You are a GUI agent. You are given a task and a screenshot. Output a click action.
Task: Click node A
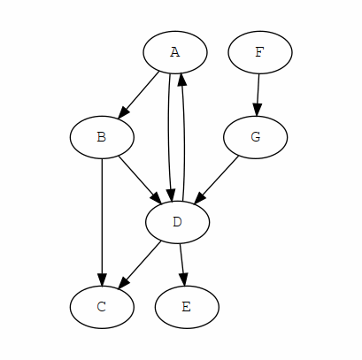coord(175,52)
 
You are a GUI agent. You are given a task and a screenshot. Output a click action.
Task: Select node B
coord(102,137)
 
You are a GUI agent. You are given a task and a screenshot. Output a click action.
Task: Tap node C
coord(102,307)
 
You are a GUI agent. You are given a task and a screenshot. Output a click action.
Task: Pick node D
coord(177,222)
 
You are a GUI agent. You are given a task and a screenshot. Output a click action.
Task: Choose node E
coord(187,307)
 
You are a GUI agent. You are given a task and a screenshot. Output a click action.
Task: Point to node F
coord(260,52)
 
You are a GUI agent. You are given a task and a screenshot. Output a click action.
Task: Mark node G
coord(255,137)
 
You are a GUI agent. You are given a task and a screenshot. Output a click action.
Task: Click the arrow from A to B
coord(138,95)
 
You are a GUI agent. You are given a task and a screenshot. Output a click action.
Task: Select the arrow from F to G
coord(258,95)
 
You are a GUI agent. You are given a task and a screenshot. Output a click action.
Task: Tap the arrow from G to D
coord(216,180)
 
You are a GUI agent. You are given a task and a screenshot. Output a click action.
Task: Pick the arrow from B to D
coord(140,180)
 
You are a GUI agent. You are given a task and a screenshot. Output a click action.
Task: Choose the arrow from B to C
coord(102,222)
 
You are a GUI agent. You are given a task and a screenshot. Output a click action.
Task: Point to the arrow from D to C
coord(140,264)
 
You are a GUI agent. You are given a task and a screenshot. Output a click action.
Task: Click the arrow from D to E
coord(183,264)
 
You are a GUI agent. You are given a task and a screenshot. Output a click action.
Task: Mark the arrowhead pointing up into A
coord(181,80)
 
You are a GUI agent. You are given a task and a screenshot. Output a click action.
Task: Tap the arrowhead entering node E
coord(184,280)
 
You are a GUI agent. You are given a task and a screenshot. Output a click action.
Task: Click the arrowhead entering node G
coord(258,110)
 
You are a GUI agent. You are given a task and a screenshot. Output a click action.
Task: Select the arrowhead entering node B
coord(122,113)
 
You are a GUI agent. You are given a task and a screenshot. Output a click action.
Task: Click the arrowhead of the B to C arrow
coord(102,280)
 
